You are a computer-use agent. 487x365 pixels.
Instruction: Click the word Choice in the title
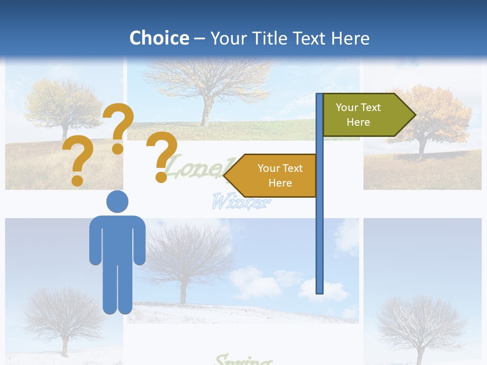(159, 38)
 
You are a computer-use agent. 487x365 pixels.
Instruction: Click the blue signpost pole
(320, 228)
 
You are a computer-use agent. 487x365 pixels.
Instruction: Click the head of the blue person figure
(117, 201)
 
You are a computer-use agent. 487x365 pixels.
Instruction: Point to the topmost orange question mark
(119, 127)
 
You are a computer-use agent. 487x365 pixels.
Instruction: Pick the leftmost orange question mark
(78, 161)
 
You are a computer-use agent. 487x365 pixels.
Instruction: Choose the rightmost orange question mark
(162, 156)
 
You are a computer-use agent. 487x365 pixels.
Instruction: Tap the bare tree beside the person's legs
(63, 319)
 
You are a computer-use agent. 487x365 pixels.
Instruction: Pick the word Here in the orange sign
(280, 183)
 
